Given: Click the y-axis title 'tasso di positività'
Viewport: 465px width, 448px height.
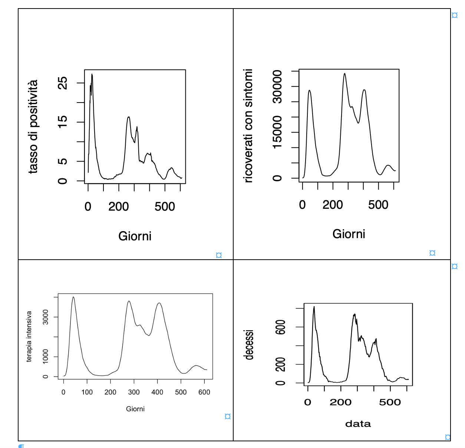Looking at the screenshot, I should pyautogui.click(x=33, y=127).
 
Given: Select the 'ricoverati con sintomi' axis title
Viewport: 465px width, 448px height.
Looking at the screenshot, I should pyautogui.click(x=248, y=126).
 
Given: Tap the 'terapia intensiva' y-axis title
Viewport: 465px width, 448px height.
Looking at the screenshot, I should pyautogui.click(x=29, y=337).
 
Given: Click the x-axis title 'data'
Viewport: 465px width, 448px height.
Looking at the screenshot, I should pyautogui.click(x=358, y=424).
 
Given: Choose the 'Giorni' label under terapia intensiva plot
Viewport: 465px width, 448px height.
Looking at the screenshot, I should pyautogui.click(x=135, y=409).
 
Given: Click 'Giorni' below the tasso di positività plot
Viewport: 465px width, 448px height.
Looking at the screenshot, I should pyautogui.click(x=135, y=236).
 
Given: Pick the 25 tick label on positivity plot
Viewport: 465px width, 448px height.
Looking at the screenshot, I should pyautogui.click(x=63, y=83).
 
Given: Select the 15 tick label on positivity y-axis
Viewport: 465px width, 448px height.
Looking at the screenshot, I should pyautogui.click(x=63, y=121).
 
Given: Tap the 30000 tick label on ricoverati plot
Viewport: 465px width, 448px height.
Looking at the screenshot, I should pyautogui.click(x=277, y=87).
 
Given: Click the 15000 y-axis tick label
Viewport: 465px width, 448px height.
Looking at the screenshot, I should pyautogui.click(x=277, y=132).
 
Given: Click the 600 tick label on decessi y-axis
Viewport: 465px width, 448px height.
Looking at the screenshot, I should pyautogui.click(x=281, y=327).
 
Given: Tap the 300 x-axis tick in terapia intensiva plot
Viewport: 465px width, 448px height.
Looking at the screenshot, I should pyautogui.click(x=134, y=392).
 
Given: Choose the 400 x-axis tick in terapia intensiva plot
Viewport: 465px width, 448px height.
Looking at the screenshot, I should pyautogui.click(x=157, y=392).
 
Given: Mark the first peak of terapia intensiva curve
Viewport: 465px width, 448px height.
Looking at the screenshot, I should pyautogui.click(x=73, y=297).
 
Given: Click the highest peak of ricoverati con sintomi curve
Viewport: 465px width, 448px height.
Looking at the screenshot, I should pyautogui.click(x=344, y=74).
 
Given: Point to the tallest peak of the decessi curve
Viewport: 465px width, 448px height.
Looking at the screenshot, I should pyautogui.click(x=314, y=307).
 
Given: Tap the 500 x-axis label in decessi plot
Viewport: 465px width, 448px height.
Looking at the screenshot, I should pyautogui.click(x=390, y=402).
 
